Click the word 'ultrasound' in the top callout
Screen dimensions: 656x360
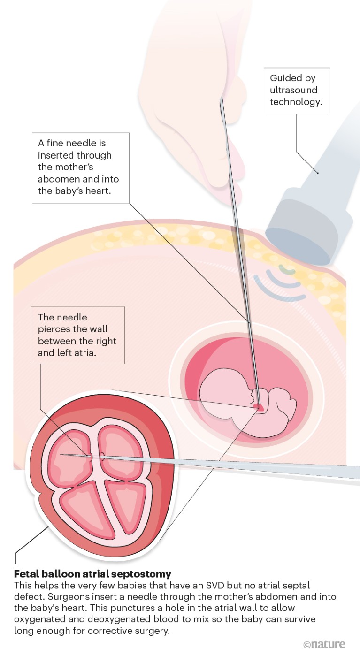[293, 90]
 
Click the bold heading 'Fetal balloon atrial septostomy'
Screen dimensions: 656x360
[92, 573]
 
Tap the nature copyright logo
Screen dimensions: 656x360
[324, 644]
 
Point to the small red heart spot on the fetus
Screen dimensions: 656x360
[258, 406]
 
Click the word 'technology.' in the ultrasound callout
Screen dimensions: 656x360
[296, 102]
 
